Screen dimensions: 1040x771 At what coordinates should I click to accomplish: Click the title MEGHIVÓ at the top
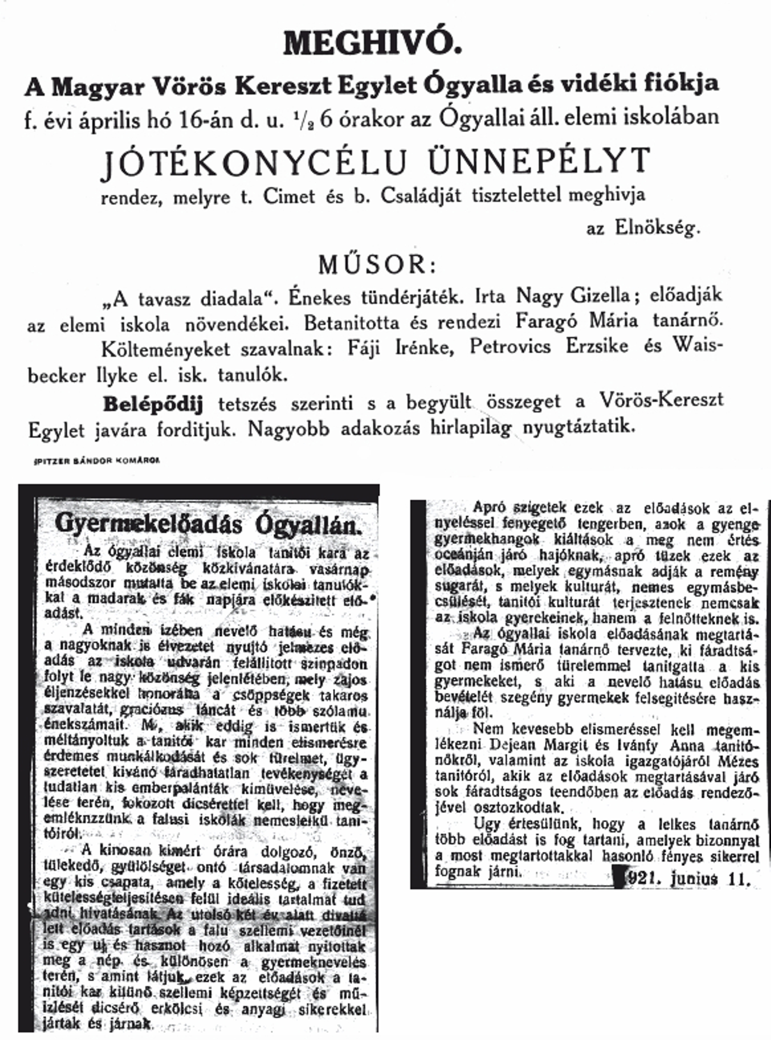372,44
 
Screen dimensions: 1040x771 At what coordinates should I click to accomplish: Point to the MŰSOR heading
377,265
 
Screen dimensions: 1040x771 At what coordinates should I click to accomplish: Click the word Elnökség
657,228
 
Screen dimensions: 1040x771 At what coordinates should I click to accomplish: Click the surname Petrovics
510,347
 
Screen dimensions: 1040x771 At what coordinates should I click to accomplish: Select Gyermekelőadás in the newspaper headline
149,524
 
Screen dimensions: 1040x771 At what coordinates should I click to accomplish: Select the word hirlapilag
474,428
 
